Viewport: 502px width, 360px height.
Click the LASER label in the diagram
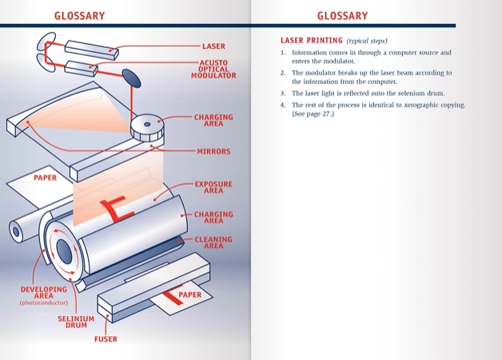coord(213,46)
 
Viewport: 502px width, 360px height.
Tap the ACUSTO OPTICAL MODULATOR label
coord(213,70)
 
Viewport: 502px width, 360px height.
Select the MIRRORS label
coord(213,151)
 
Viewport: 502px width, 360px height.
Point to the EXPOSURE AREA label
coord(213,187)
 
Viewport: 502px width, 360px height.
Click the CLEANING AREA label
coord(213,242)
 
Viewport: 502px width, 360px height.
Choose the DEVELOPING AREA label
coord(44,292)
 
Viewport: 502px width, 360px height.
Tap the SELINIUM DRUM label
coord(76,322)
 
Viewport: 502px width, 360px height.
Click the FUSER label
coord(106,339)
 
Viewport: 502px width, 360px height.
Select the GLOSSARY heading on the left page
coord(79,16)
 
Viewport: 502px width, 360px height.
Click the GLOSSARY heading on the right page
coord(342,16)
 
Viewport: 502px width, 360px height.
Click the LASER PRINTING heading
coord(311,40)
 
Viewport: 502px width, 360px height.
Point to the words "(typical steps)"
coord(368,41)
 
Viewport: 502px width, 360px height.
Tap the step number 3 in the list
coord(283,94)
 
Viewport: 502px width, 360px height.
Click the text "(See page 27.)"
coord(313,114)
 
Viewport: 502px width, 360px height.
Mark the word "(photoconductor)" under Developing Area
coord(44,303)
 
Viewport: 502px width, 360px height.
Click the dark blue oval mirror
coord(130,78)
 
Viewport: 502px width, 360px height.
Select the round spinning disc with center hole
coord(147,125)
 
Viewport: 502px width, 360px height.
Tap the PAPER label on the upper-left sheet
coord(45,178)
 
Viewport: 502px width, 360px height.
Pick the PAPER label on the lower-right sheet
coord(190,295)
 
